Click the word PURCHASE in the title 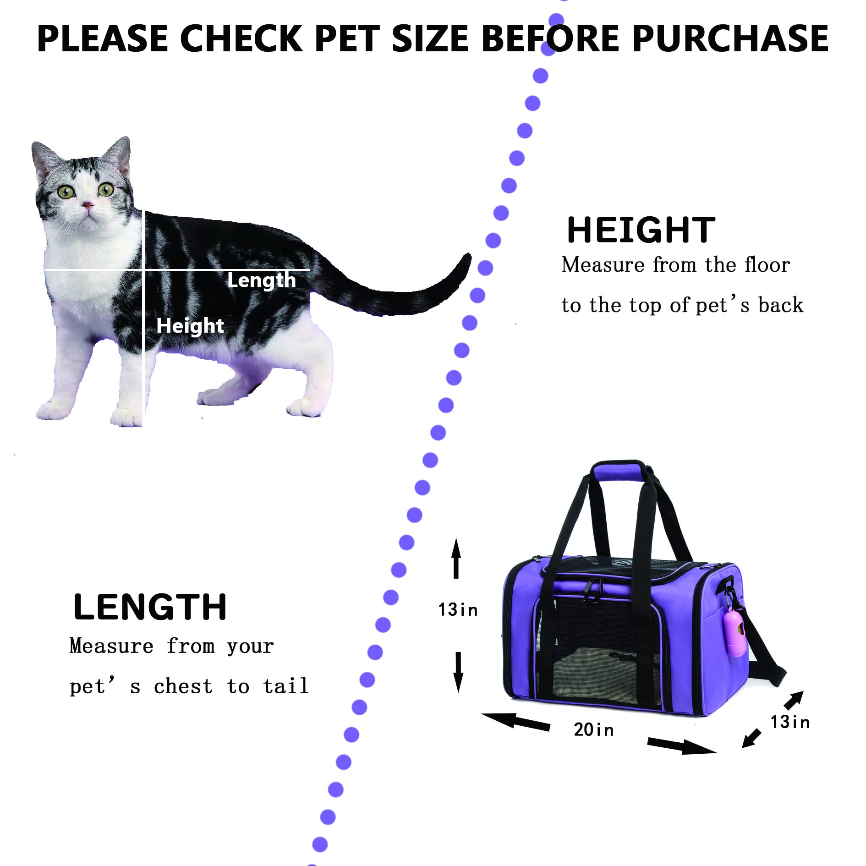[x=730, y=38]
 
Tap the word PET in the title [x=347, y=38]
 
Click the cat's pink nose [x=87, y=205]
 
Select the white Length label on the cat [x=262, y=280]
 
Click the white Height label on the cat [x=190, y=326]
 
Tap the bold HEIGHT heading [x=641, y=230]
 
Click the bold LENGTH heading [x=150, y=607]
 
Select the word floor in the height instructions [x=767, y=265]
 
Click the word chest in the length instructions [x=183, y=686]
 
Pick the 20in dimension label [x=593, y=729]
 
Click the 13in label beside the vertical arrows [x=458, y=610]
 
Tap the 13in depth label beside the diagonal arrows [x=790, y=722]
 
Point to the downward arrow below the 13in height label [x=458, y=672]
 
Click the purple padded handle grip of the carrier [x=619, y=472]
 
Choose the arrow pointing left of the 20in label [x=515, y=721]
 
